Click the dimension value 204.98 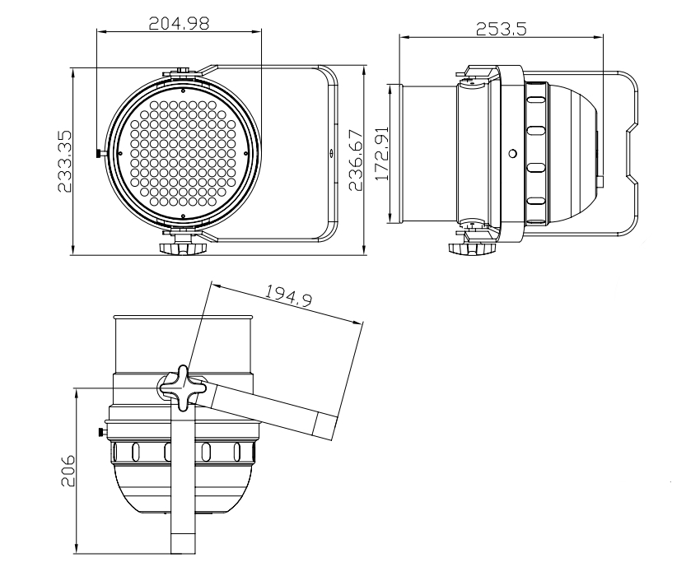point(178,23)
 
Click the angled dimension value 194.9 point(288,295)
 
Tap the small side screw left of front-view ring point(100,152)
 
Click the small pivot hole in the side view point(512,153)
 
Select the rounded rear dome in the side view point(576,153)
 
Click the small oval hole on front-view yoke point(331,153)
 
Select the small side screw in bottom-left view point(101,432)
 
